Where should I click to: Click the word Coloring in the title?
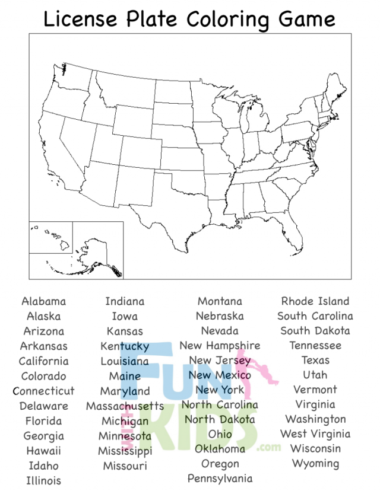coord(226,20)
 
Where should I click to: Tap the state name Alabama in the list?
coord(43,301)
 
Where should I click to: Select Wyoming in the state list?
coord(315,463)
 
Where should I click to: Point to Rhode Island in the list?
coord(315,301)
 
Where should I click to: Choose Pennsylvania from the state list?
coord(220,478)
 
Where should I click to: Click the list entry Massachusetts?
coord(125,406)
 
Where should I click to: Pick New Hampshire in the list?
coord(220,345)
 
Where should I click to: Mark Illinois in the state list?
coord(43,480)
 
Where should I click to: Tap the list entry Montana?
coord(220,301)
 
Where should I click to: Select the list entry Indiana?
coord(125,301)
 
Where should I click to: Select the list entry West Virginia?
coord(315,433)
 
